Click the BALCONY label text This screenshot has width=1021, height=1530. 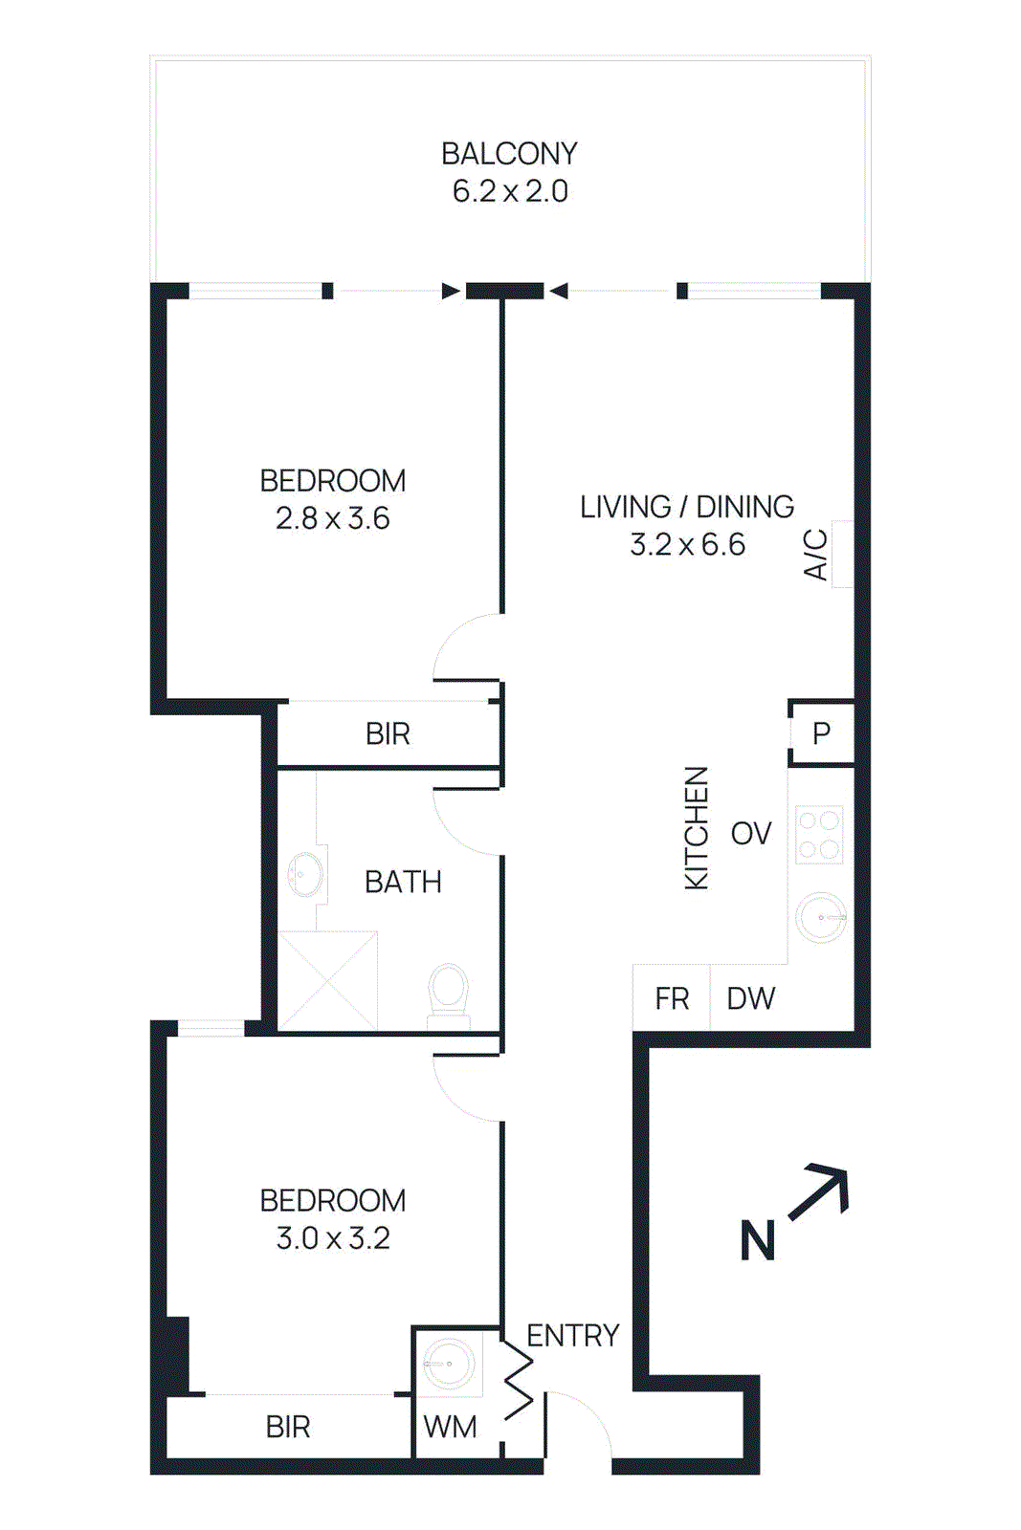[509, 154]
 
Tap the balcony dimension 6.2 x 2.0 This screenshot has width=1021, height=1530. [510, 191]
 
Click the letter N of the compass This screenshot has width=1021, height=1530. [758, 1241]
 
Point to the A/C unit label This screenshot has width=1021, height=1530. [816, 554]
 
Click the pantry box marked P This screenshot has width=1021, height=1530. [821, 733]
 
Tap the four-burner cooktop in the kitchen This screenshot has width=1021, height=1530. [819, 835]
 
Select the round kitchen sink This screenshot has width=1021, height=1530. [821, 918]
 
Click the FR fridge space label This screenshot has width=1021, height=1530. [672, 999]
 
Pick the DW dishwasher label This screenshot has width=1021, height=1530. [751, 999]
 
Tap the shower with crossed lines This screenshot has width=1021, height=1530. [328, 981]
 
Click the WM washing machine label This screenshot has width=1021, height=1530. [450, 1428]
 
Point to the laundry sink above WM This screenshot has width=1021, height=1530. [448, 1364]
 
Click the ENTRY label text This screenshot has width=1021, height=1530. [573, 1336]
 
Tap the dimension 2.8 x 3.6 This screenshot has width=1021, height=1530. [332, 518]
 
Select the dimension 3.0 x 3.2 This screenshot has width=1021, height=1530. [333, 1238]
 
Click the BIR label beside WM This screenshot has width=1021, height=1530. [288, 1428]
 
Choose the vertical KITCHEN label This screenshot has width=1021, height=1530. [698, 828]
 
